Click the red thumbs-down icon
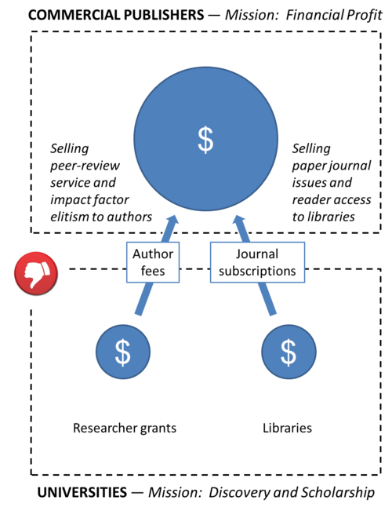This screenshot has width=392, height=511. pos(36,273)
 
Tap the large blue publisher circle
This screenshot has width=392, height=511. pos(205,139)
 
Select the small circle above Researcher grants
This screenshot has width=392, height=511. pos(123,352)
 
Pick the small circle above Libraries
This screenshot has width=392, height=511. pos(289,352)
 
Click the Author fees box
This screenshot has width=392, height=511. pos(153,262)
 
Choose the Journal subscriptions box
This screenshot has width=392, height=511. pos(257,262)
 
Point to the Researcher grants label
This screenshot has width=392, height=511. pos(125,429)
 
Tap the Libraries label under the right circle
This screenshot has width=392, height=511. pos(287,428)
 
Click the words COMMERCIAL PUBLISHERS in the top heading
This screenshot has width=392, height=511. pos(116,15)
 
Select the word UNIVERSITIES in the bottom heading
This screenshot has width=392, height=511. pos(82,492)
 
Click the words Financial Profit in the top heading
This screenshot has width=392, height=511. pos(334,15)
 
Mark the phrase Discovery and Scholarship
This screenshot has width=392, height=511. pos(292,493)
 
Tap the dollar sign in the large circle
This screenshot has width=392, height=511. pos(205,140)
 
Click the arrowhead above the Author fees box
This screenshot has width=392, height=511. pos(172,221)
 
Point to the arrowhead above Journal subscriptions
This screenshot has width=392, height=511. pos(239,221)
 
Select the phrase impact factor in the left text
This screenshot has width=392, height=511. pos(89,200)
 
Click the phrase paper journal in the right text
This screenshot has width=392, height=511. pos(332,166)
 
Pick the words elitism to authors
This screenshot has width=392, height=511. pos(101,217)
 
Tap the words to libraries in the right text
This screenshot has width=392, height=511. pos(324,217)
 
